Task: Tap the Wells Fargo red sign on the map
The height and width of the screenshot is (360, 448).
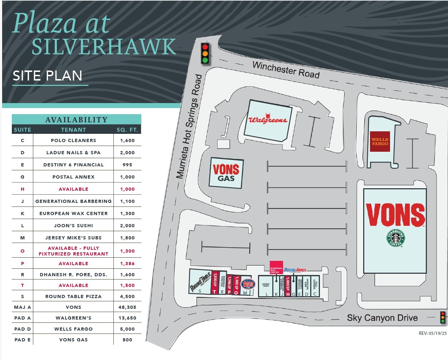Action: tap(380, 142)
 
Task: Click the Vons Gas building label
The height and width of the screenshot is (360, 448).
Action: tap(226, 173)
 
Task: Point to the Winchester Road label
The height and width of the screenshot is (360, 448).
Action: tap(286, 70)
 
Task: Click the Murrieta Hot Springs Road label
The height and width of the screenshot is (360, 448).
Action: tap(189, 126)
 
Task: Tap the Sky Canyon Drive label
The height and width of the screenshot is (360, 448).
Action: tap(382, 318)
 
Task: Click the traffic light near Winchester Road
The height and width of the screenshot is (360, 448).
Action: tap(205, 53)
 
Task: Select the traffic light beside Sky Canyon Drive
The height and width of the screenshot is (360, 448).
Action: tap(443, 318)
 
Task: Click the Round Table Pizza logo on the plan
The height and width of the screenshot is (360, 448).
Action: tap(200, 282)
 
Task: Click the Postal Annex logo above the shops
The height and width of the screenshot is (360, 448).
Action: tap(295, 270)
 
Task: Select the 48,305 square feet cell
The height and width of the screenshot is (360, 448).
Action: tap(127, 307)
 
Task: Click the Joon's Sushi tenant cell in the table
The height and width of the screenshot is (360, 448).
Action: tap(73, 225)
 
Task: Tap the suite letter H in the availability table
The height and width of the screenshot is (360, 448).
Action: tap(23, 189)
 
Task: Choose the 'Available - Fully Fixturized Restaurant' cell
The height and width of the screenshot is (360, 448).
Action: tap(73, 251)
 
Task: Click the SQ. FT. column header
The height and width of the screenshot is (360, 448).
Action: tap(127, 130)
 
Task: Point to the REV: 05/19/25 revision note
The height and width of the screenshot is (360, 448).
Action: tap(432, 333)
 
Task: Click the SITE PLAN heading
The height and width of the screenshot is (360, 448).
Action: tap(48, 76)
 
